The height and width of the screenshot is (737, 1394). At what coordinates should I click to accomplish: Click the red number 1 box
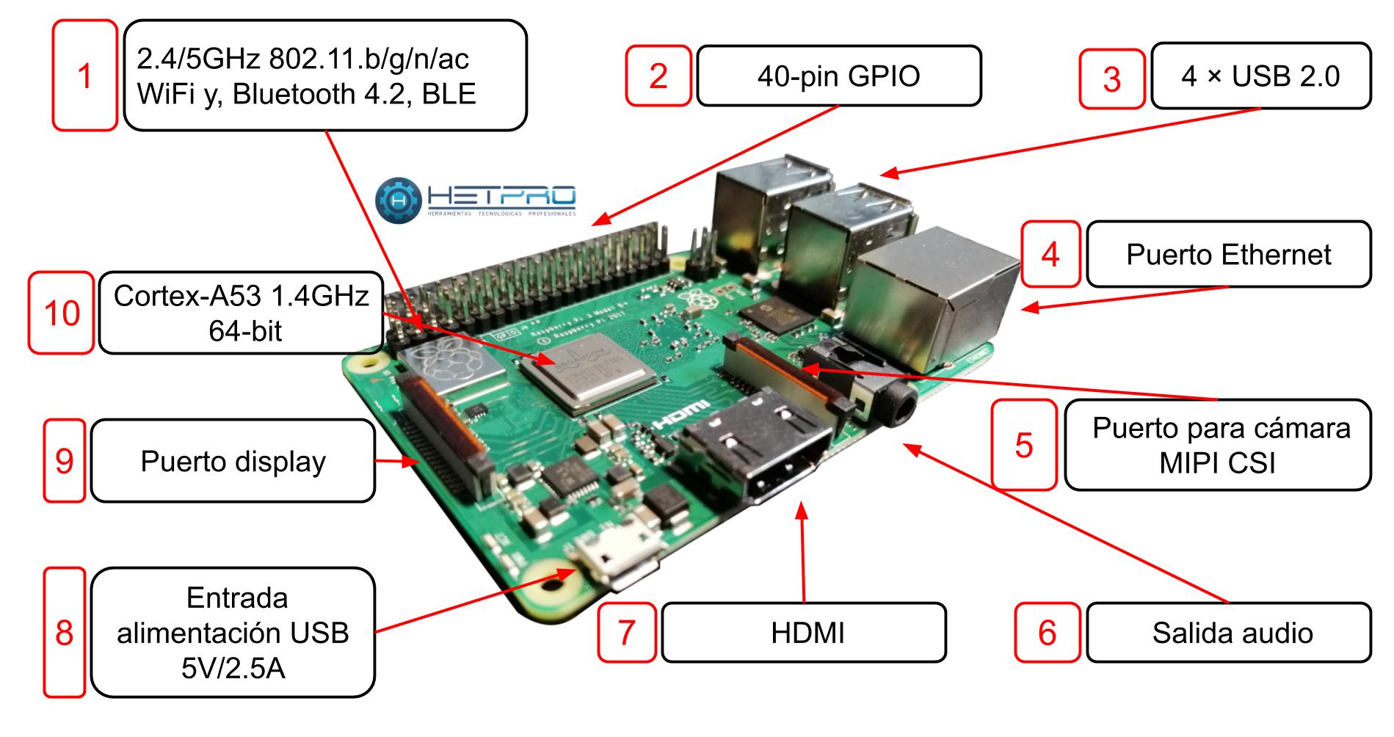84,76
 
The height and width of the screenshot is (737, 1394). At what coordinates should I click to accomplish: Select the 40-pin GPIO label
838,76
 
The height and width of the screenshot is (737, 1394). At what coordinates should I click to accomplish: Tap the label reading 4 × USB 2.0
1260,76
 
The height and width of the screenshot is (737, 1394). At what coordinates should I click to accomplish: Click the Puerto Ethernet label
1228,255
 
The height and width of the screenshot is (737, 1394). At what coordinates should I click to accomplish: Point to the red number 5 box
1024,445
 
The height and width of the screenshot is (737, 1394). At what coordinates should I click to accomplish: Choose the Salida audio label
1228,633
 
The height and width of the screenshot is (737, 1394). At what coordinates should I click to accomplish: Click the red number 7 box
626,633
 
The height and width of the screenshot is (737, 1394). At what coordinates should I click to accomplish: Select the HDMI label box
804,633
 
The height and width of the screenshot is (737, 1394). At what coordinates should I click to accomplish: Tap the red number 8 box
64,633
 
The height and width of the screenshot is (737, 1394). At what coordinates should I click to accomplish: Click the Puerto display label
233,461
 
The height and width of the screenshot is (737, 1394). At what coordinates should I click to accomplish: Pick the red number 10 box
62,313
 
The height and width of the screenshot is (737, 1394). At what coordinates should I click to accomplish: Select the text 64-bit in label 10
245,332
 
